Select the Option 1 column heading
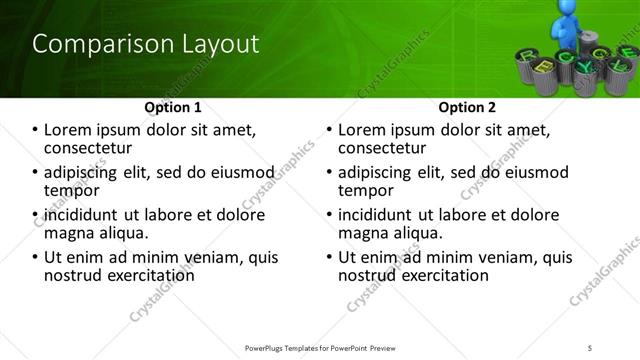coord(173,106)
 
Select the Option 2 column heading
coord(467,106)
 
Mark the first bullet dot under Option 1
coord(36,130)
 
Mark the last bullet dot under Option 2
coord(330,258)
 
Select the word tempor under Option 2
coord(366,190)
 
